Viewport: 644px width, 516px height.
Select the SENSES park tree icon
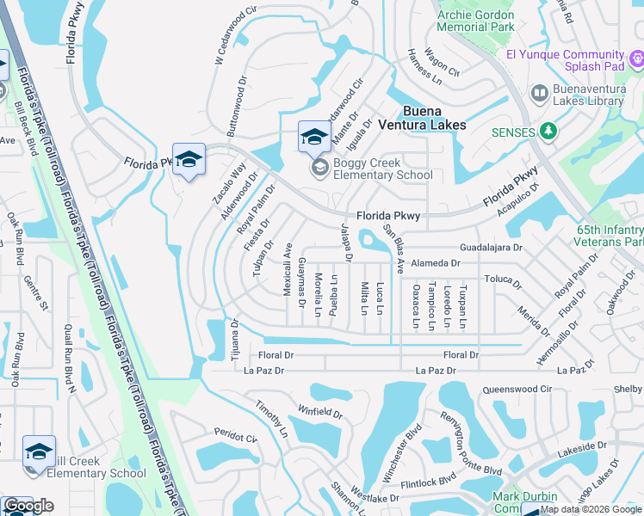click(x=548, y=132)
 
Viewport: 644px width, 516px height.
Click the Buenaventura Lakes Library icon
click(x=540, y=92)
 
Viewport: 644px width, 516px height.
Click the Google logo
click(x=28, y=506)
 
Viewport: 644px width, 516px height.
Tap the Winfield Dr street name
click(x=320, y=411)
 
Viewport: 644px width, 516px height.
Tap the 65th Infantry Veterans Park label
click(x=610, y=236)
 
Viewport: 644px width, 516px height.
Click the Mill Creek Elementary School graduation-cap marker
click(x=39, y=452)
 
